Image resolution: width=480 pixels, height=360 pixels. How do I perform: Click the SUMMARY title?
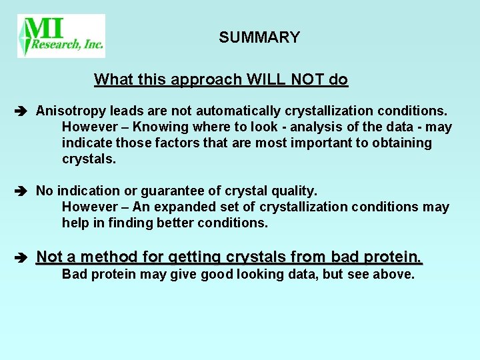(259, 37)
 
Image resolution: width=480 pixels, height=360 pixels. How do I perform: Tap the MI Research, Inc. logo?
(61, 36)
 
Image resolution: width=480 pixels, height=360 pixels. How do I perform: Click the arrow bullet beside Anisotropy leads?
(22, 109)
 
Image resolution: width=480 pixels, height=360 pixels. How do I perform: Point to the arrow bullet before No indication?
(22, 191)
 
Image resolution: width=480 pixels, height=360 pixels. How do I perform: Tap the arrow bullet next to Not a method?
(22, 257)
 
